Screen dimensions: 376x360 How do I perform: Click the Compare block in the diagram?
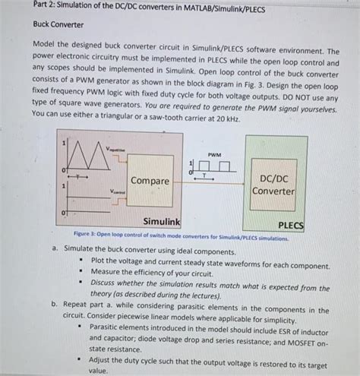[x=150, y=182]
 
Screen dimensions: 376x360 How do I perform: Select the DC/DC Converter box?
[x=273, y=185]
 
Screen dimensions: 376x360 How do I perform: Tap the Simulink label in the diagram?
[x=161, y=220]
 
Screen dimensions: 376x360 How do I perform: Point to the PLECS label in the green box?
[x=291, y=225]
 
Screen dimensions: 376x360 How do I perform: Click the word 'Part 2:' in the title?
[x=45, y=7]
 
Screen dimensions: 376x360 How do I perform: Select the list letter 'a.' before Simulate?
[x=55, y=248]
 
